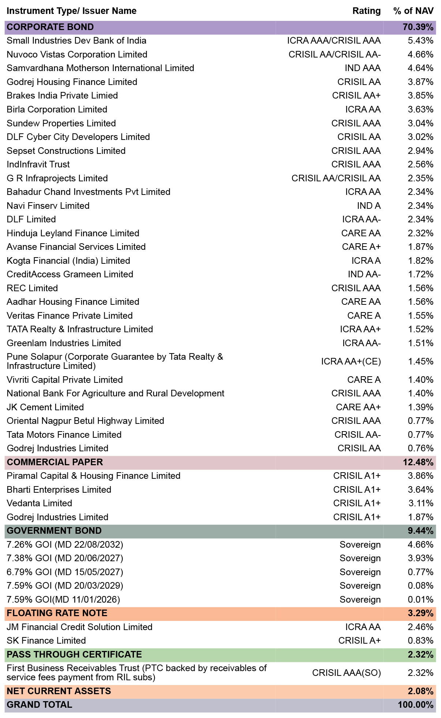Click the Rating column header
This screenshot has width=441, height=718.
tap(366, 11)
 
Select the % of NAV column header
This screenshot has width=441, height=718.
tap(413, 11)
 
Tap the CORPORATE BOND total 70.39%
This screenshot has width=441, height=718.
tap(418, 27)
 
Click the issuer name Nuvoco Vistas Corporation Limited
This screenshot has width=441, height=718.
tap(77, 55)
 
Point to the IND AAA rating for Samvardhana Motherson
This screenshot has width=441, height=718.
tap(362, 68)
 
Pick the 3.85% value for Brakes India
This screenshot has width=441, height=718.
tap(421, 96)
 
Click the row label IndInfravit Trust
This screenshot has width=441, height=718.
tap(38, 164)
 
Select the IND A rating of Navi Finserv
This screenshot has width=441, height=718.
tap(369, 206)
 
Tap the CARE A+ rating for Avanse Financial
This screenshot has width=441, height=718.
tap(361, 247)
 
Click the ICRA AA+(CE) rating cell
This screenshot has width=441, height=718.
tap(351, 362)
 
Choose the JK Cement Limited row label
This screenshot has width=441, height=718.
tap(45, 407)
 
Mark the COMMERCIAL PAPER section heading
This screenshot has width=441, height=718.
tap(55, 462)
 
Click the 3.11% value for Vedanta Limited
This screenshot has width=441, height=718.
tap(421, 503)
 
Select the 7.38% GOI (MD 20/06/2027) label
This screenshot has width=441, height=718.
tap(65, 558)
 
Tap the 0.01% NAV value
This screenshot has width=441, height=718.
tap(421, 600)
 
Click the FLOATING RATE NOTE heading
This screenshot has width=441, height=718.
tap(57, 613)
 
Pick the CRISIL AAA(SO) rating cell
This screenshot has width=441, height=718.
tap(346, 673)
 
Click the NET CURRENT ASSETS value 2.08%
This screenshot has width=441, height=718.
tap(421, 691)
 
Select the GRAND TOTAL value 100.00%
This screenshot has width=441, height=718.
tap(415, 705)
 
